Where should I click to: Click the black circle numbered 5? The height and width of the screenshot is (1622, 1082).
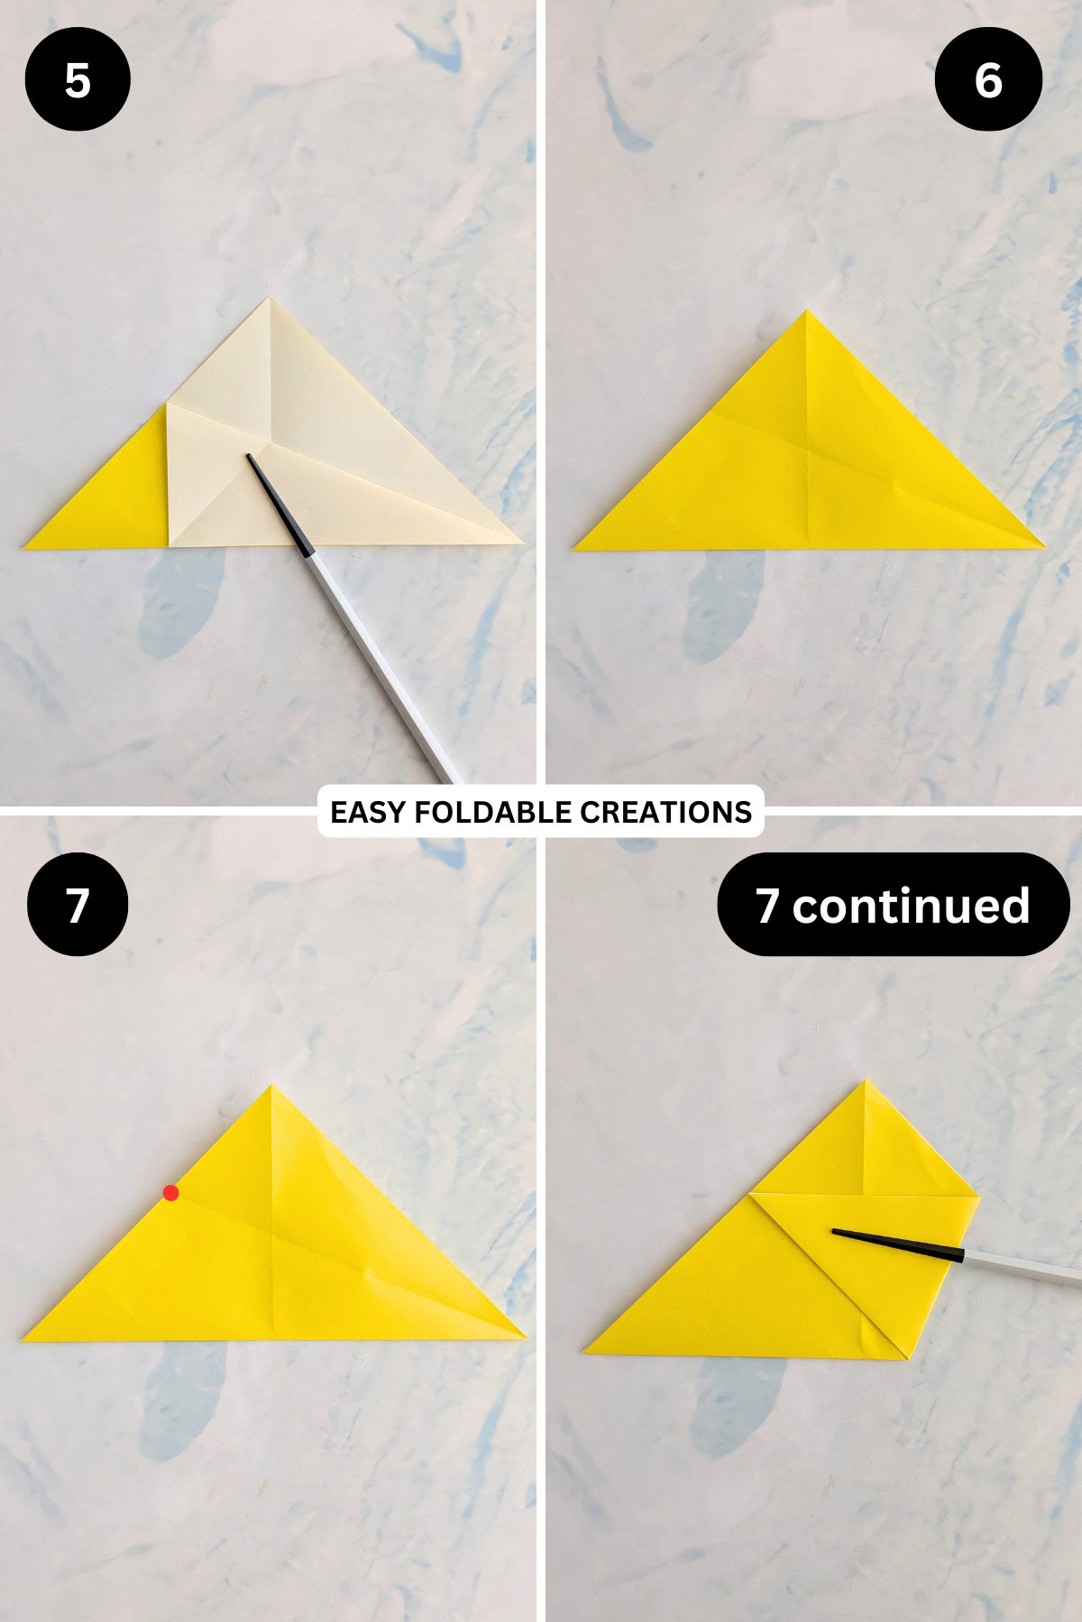(78, 79)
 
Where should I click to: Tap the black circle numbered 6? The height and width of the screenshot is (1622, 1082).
(988, 79)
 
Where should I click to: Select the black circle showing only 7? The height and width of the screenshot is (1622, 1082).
(78, 904)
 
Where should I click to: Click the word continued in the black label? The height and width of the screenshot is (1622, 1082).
(911, 905)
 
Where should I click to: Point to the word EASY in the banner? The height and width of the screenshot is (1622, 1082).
(368, 812)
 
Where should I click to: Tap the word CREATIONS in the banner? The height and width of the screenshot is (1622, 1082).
(665, 812)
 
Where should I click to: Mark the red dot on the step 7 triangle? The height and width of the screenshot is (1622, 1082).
(170, 1193)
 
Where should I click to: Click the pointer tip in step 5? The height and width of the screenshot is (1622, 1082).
(249, 457)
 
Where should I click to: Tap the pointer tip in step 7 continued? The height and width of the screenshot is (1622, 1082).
(834, 1231)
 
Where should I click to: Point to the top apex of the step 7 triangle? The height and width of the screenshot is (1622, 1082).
(271, 1087)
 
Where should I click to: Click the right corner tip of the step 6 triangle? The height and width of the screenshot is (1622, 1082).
(1043, 545)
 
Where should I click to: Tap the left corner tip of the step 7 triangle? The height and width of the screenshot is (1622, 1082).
(23, 1339)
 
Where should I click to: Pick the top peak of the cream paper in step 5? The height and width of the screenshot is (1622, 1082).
(269, 299)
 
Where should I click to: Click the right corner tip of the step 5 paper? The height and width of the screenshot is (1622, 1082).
(521, 542)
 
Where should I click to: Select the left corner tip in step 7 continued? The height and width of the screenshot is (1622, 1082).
(585, 1351)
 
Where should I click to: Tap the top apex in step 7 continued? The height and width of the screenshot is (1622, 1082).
(867, 1081)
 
